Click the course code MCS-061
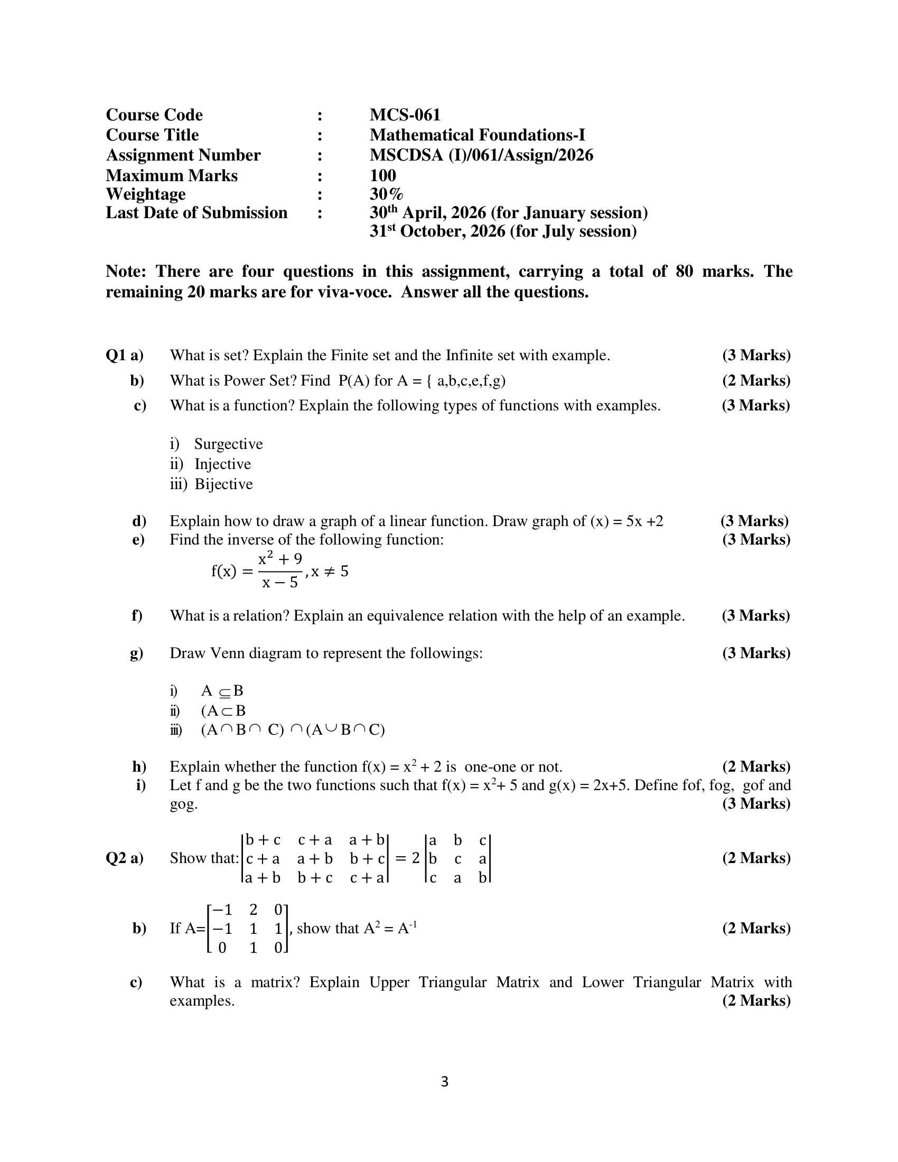pos(405,115)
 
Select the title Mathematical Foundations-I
pos(477,135)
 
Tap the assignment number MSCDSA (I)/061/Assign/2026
pos(481,155)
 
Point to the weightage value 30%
pos(386,194)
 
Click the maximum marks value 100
pos(382,175)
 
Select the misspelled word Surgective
pos(228,444)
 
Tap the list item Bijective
pos(223,484)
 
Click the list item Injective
pos(222,464)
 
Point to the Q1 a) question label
pos(125,355)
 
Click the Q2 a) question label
pos(125,858)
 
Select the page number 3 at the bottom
pos(445,1082)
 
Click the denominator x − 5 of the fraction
pos(280,583)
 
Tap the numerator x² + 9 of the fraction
pos(280,560)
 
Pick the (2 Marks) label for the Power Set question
pos(756,380)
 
